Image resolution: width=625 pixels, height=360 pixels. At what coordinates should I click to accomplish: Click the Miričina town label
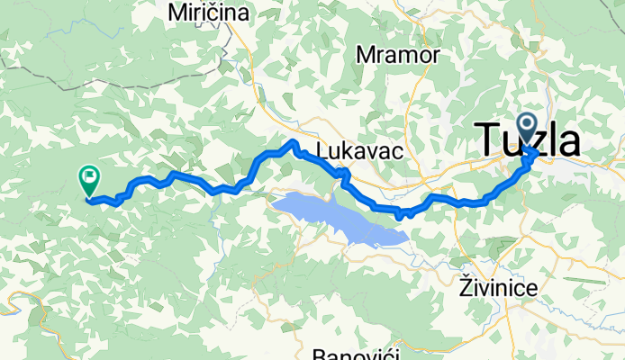tap(209, 13)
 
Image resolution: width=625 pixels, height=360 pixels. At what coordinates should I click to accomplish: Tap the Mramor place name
tap(398, 56)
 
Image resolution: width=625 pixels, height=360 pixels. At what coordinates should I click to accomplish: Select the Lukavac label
tap(358, 148)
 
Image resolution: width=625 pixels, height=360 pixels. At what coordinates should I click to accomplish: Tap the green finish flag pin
tap(90, 179)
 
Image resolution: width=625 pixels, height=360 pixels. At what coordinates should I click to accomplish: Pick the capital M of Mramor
tap(366, 56)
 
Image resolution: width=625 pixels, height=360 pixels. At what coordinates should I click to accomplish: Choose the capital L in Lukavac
tap(323, 148)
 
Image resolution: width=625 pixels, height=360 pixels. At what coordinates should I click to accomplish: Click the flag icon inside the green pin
tap(90, 176)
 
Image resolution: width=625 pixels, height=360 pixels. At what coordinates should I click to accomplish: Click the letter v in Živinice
tap(485, 289)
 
